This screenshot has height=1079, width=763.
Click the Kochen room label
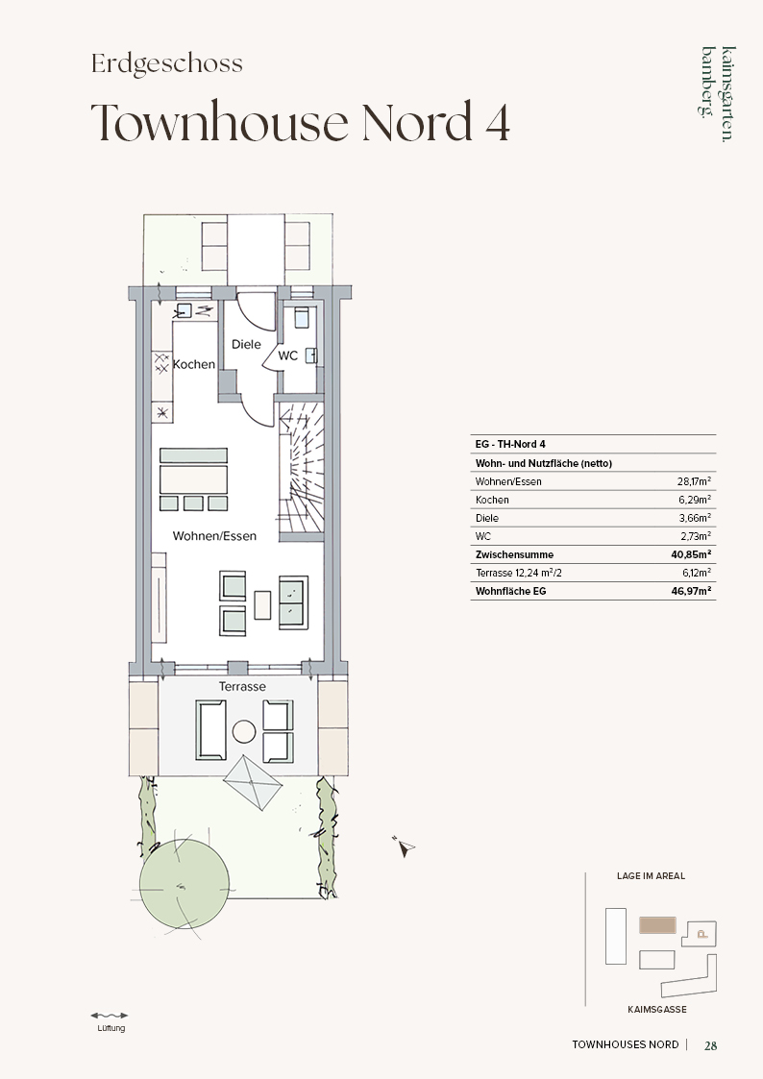click(x=193, y=364)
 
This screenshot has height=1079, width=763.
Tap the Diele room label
click(x=246, y=344)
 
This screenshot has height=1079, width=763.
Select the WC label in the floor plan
click(x=287, y=356)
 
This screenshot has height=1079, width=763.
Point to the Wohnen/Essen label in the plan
click(x=214, y=536)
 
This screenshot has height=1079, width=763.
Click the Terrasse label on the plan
click(x=242, y=686)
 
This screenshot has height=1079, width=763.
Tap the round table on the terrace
click(x=244, y=731)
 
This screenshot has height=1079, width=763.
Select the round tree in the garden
click(x=185, y=883)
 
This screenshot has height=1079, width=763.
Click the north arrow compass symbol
click(x=406, y=846)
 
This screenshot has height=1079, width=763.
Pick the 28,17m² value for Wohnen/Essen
click(x=694, y=481)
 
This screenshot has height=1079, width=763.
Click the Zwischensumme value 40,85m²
click(x=692, y=554)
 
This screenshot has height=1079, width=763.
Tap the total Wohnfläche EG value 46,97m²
click(x=692, y=590)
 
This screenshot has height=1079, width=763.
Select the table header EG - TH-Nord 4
click(x=510, y=444)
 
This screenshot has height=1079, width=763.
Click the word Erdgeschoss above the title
click(x=167, y=63)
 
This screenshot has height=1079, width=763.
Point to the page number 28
click(x=711, y=1045)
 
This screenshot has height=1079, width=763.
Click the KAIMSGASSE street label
click(x=657, y=1010)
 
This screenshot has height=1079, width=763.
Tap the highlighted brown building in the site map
click(x=657, y=925)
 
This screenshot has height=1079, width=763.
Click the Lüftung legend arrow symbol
click(x=110, y=1015)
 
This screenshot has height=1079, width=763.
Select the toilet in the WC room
click(x=302, y=316)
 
